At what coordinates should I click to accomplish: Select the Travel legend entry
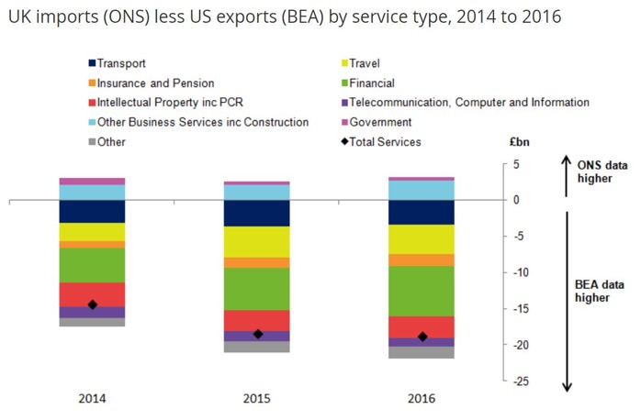[x=361, y=63]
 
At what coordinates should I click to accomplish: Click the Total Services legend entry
[x=382, y=142]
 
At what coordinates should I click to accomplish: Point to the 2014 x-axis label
[x=92, y=398]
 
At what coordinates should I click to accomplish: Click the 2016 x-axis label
[x=421, y=398]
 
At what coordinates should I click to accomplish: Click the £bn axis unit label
[x=519, y=142]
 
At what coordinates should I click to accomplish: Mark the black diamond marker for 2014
[x=92, y=304]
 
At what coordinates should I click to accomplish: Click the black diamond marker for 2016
[x=422, y=337]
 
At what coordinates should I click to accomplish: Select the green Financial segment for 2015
[x=256, y=289]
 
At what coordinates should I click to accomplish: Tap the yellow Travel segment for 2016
[x=421, y=239]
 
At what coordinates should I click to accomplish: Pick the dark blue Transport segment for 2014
[x=92, y=211]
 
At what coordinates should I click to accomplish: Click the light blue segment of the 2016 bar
[x=421, y=190]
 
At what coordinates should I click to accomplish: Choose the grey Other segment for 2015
[x=256, y=347]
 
